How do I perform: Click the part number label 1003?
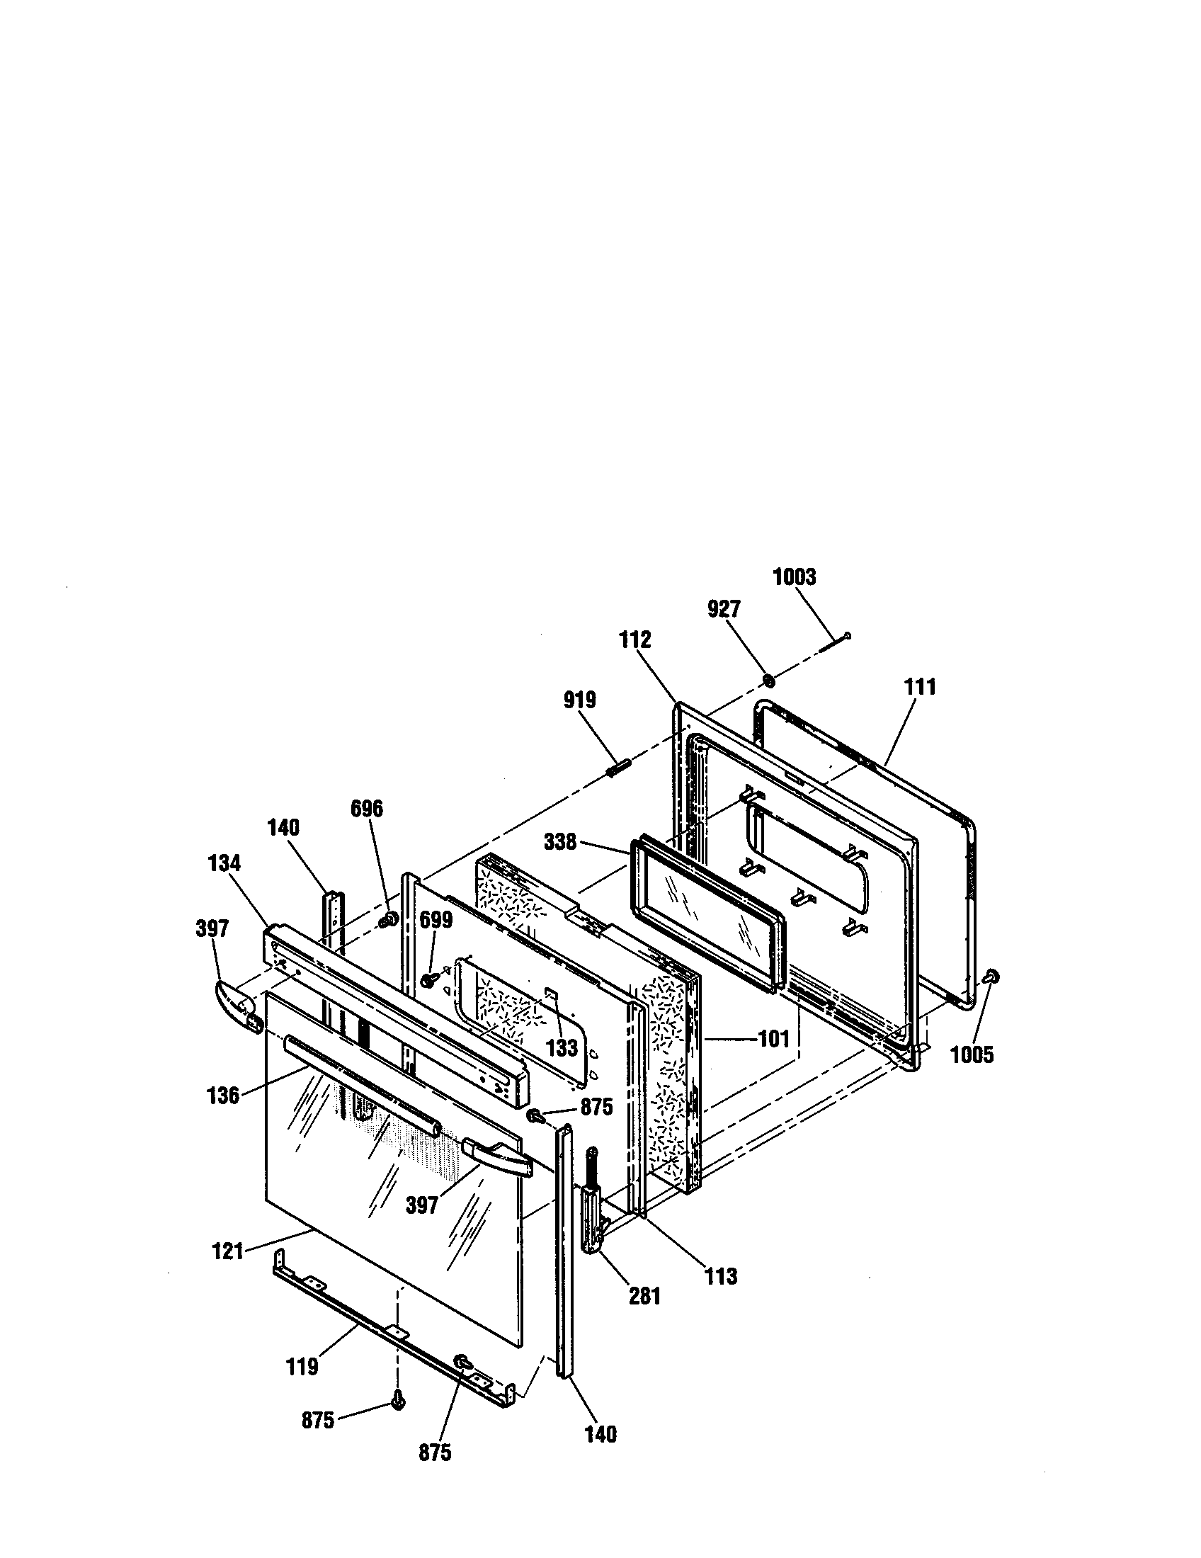[x=795, y=576]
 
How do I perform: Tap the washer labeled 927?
[x=770, y=680]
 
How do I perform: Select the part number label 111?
[x=919, y=687]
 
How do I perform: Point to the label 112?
[x=634, y=639]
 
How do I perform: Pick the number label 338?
[x=560, y=842]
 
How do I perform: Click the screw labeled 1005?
[x=991, y=976]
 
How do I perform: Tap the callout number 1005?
[x=972, y=1054]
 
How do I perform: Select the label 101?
[x=773, y=1039]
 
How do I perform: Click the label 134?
[x=224, y=863]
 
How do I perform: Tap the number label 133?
[x=562, y=1047]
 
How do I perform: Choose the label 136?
[x=223, y=1095]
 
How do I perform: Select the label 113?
[x=721, y=1276]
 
